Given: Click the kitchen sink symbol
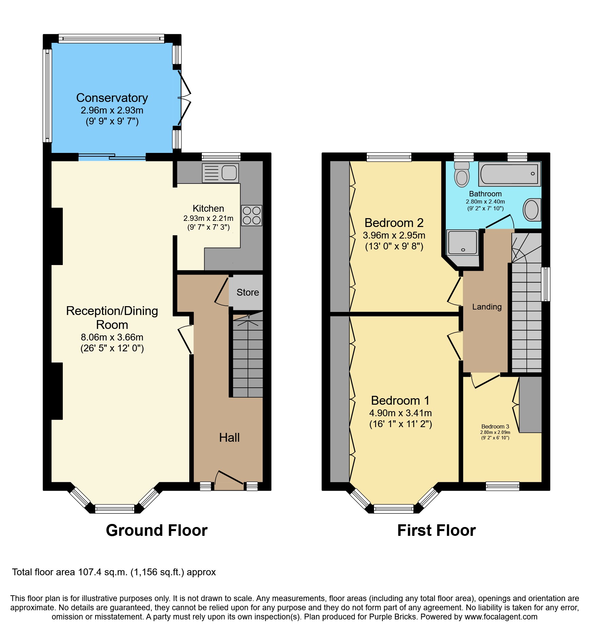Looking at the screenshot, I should point(220,173).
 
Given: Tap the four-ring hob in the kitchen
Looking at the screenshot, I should point(252,215).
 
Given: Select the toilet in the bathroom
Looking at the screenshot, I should point(462,175).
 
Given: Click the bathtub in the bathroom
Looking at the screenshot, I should point(509,174).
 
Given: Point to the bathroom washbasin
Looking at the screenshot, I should point(531,210).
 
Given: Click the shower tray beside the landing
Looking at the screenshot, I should point(463,243).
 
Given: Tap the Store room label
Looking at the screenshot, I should point(248,292).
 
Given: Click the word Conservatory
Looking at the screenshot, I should point(112,98).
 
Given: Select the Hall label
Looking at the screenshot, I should point(229,437).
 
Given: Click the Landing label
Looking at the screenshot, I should point(487,307).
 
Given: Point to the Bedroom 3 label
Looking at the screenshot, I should point(495,426).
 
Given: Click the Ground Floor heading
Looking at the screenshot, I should point(157,530).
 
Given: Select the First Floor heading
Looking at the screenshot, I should point(436,530).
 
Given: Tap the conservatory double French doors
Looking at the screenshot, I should point(184,98).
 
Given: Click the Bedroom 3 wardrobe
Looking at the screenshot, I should point(530,404).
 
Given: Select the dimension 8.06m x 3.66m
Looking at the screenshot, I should point(112,337).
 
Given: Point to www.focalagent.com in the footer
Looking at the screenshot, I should point(501,617).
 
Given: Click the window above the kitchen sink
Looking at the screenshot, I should point(221,157).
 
